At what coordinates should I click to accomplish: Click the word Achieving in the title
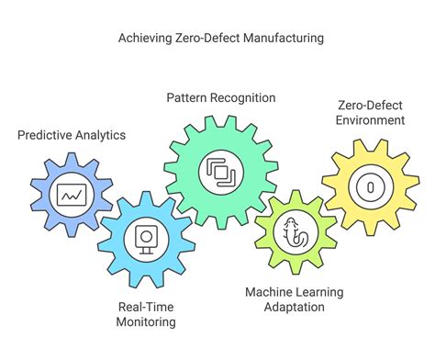coord(144,39)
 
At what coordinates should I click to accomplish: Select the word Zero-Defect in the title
coord(207,39)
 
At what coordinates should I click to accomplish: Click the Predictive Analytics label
coord(72,135)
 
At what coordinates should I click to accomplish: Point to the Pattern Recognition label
coord(220,97)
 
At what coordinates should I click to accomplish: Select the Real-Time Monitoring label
coord(145,314)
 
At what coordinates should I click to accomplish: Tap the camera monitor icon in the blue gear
coord(145,238)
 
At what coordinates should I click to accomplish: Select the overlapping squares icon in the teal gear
coord(219,171)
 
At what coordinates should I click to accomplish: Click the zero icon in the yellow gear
coord(370,186)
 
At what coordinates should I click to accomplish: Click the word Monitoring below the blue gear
coord(145,322)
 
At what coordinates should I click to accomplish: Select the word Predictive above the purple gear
coord(45,135)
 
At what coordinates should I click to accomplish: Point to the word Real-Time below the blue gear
coord(145,306)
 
